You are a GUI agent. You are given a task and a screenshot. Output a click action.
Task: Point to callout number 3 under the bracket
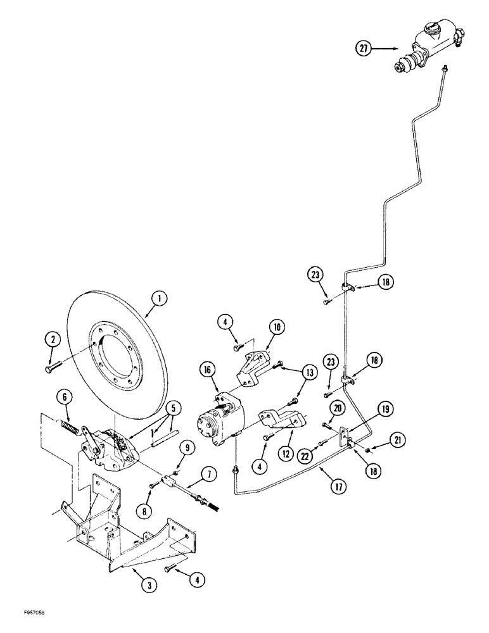click(148, 586)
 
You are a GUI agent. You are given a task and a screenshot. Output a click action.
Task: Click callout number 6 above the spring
click(65, 398)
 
